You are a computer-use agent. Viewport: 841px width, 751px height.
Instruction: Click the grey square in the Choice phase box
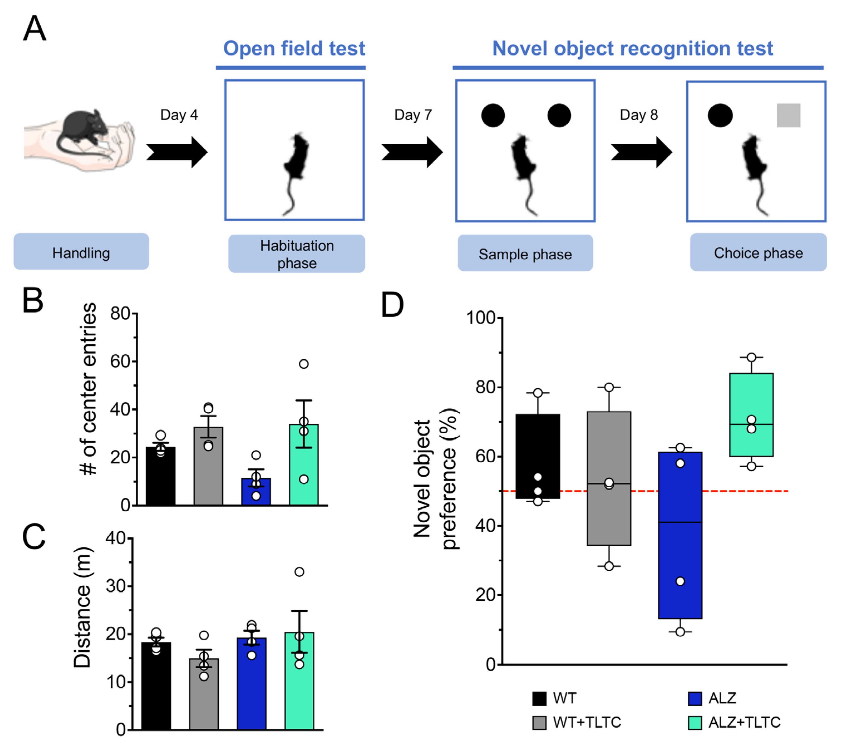788,115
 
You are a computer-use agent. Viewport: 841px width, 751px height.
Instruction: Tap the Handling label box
81,252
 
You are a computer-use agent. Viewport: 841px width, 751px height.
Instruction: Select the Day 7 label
413,115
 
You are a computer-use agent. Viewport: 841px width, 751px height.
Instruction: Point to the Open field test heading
294,48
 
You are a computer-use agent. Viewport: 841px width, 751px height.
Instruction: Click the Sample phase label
525,253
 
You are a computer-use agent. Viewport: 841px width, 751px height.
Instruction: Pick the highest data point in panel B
304,364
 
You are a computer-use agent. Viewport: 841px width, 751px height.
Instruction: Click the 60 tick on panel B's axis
120,362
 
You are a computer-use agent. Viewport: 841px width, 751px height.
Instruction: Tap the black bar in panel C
156,685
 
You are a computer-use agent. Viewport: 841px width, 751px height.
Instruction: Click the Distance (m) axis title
83,607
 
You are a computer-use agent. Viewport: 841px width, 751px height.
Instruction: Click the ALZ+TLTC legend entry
734,722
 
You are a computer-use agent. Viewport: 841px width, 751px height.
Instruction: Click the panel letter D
392,305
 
